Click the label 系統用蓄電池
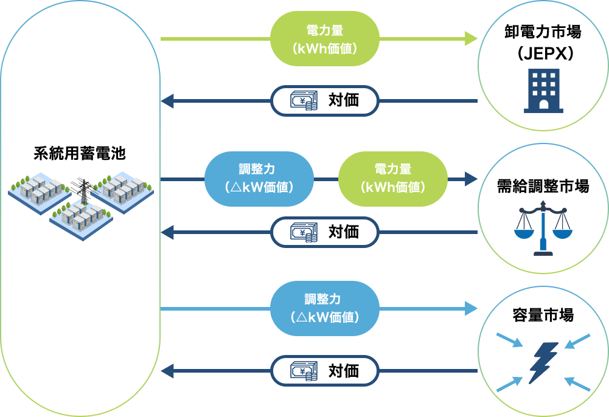[x=80, y=153]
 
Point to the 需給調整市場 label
[x=543, y=187]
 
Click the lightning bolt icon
[x=543, y=362]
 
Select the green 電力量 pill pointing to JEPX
[x=324, y=38]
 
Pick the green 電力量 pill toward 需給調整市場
[x=392, y=179]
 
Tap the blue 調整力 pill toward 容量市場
[x=324, y=308]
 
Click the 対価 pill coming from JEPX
[x=324, y=101]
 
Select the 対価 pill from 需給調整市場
[x=324, y=232]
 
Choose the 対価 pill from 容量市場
[x=324, y=371]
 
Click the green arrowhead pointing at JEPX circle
[x=472, y=38]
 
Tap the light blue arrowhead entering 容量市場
[x=472, y=308]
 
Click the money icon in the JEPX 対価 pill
[x=303, y=101]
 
